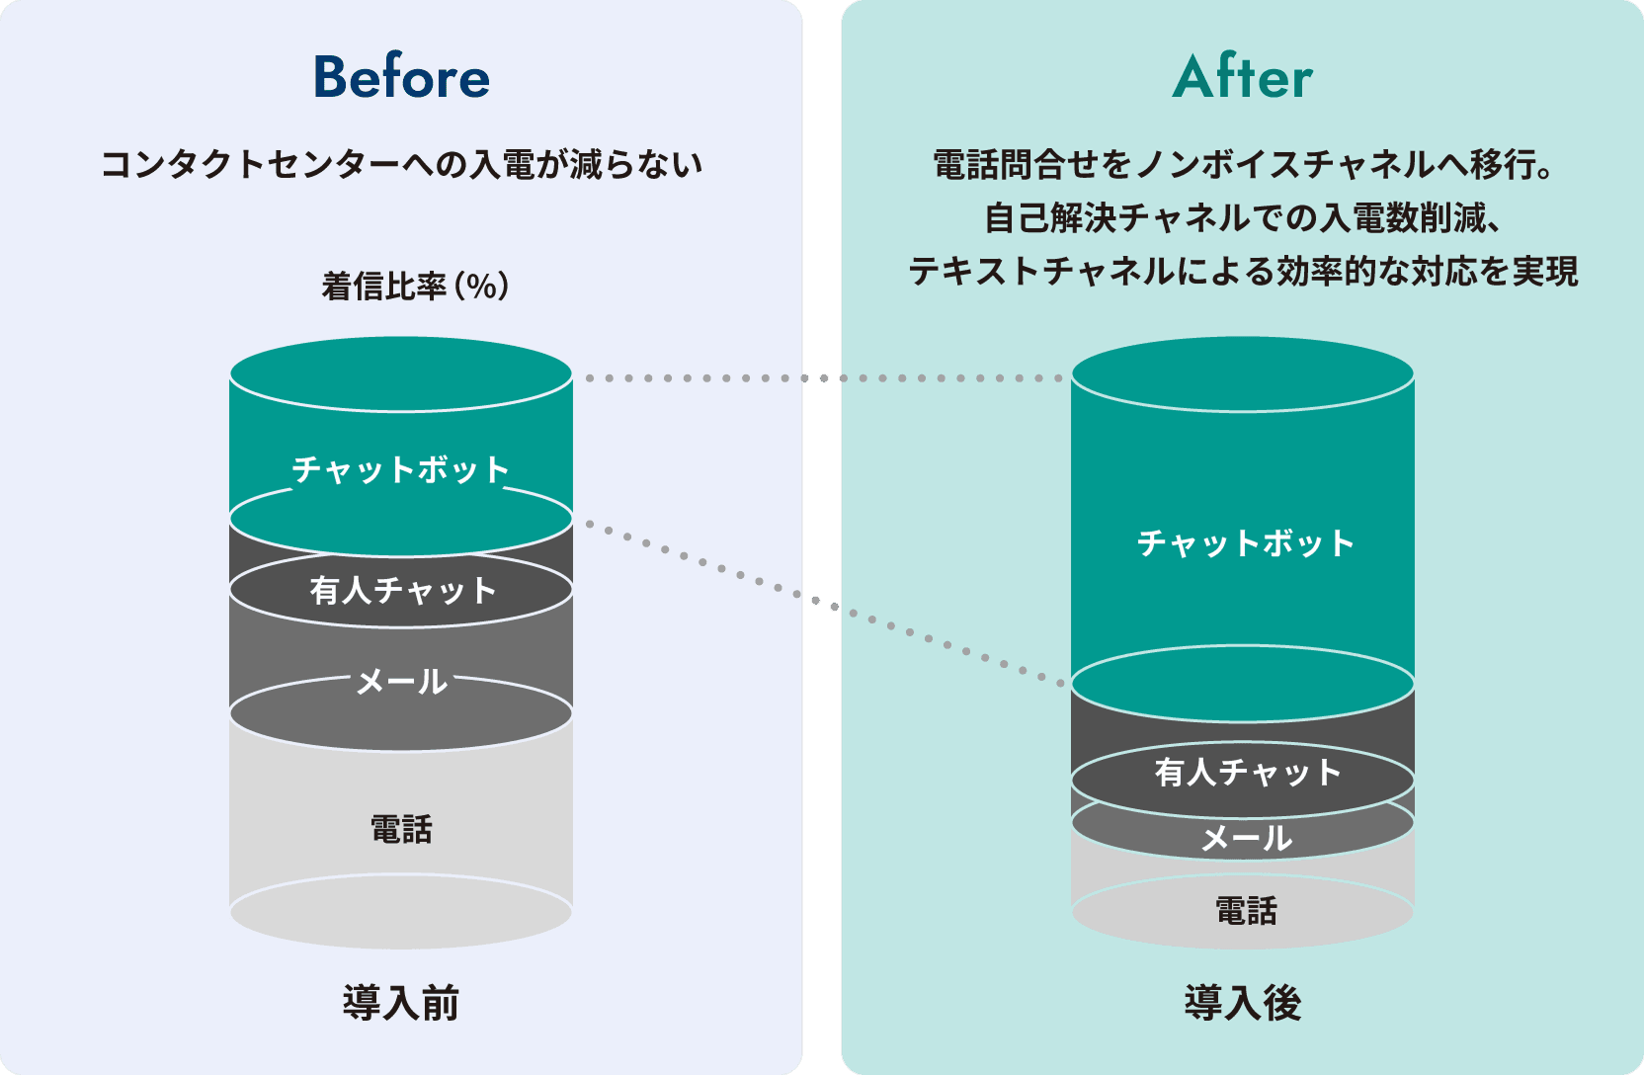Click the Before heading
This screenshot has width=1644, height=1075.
[401, 77]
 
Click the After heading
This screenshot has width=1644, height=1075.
[1243, 77]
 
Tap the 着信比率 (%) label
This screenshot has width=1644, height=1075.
[415, 287]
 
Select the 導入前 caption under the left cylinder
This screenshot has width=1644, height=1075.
[401, 1003]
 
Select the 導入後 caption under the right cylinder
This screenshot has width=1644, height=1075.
[1243, 1003]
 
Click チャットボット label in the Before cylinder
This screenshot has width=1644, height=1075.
[401, 469]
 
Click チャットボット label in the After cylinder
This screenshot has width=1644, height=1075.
[1245, 543]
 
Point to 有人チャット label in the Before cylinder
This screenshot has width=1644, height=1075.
[402, 591]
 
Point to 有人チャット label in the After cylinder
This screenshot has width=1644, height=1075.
[1248, 773]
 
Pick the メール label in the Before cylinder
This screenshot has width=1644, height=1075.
[402, 682]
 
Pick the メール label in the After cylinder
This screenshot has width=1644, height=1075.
[1246, 839]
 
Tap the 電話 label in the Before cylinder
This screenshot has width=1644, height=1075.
[401, 829]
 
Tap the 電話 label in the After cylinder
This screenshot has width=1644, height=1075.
[1246, 910]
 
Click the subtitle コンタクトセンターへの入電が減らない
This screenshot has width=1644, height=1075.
[401, 164]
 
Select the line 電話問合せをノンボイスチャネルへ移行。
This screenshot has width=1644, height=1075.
[1243, 164]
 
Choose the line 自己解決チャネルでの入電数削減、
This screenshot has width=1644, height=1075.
[1243, 217]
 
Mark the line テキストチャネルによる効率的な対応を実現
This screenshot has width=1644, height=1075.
[1243, 271]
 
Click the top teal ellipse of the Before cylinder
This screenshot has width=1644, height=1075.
[401, 373]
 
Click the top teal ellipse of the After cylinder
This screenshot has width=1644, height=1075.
[1243, 373]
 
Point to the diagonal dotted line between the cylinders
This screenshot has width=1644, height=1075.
[825, 603]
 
